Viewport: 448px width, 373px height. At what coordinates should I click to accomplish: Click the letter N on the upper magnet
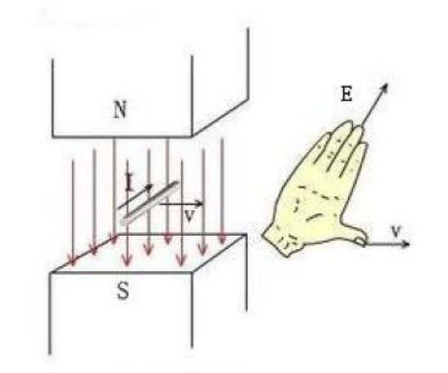click(x=120, y=110)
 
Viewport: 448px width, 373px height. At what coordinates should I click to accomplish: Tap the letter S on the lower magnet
click(x=123, y=291)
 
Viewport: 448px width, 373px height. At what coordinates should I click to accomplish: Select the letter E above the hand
click(x=347, y=94)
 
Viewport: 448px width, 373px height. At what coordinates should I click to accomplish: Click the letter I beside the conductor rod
click(x=129, y=184)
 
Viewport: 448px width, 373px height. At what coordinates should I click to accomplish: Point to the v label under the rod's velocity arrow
click(x=190, y=216)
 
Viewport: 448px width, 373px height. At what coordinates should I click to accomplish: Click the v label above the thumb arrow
click(x=396, y=231)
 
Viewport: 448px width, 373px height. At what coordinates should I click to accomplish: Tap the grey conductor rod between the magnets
click(x=150, y=203)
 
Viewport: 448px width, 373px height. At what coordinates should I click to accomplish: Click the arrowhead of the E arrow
click(x=384, y=87)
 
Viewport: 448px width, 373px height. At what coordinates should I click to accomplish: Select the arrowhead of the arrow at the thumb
click(x=406, y=244)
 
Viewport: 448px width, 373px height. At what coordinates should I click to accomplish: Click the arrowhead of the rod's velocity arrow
click(x=200, y=203)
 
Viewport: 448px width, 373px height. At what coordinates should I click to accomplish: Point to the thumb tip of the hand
click(x=361, y=242)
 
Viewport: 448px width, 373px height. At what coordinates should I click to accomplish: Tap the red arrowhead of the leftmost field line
click(x=73, y=260)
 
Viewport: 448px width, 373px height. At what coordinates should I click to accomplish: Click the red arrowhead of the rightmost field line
click(x=222, y=239)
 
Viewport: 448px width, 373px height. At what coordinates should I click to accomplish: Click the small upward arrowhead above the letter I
click(x=128, y=175)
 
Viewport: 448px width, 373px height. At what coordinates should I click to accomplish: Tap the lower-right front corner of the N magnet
click(x=192, y=136)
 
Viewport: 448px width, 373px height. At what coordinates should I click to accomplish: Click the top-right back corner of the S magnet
click(x=246, y=235)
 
